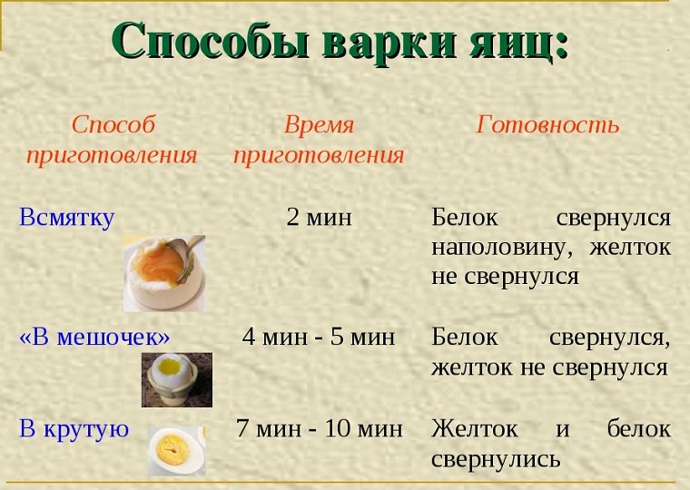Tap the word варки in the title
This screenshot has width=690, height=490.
[x=389, y=41]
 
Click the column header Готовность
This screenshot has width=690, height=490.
[x=547, y=124]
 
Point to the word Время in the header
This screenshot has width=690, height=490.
[x=319, y=124]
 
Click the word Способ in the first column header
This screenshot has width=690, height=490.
[x=113, y=124]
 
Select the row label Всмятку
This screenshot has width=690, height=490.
[x=67, y=218]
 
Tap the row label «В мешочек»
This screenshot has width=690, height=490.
[x=94, y=337]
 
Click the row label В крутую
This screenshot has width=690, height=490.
[x=74, y=429]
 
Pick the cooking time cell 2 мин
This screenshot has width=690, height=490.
[x=319, y=217]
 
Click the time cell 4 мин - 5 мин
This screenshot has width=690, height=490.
[x=319, y=337]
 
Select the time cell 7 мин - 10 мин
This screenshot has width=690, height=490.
[x=319, y=428]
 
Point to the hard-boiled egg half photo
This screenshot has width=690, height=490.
[x=176, y=451]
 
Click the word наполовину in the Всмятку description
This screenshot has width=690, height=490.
[x=503, y=248]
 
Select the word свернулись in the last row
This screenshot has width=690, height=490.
[x=496, y=460]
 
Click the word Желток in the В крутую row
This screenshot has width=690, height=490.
[x=475, y=428]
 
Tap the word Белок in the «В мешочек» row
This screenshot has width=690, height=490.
[x=465, y=337]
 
